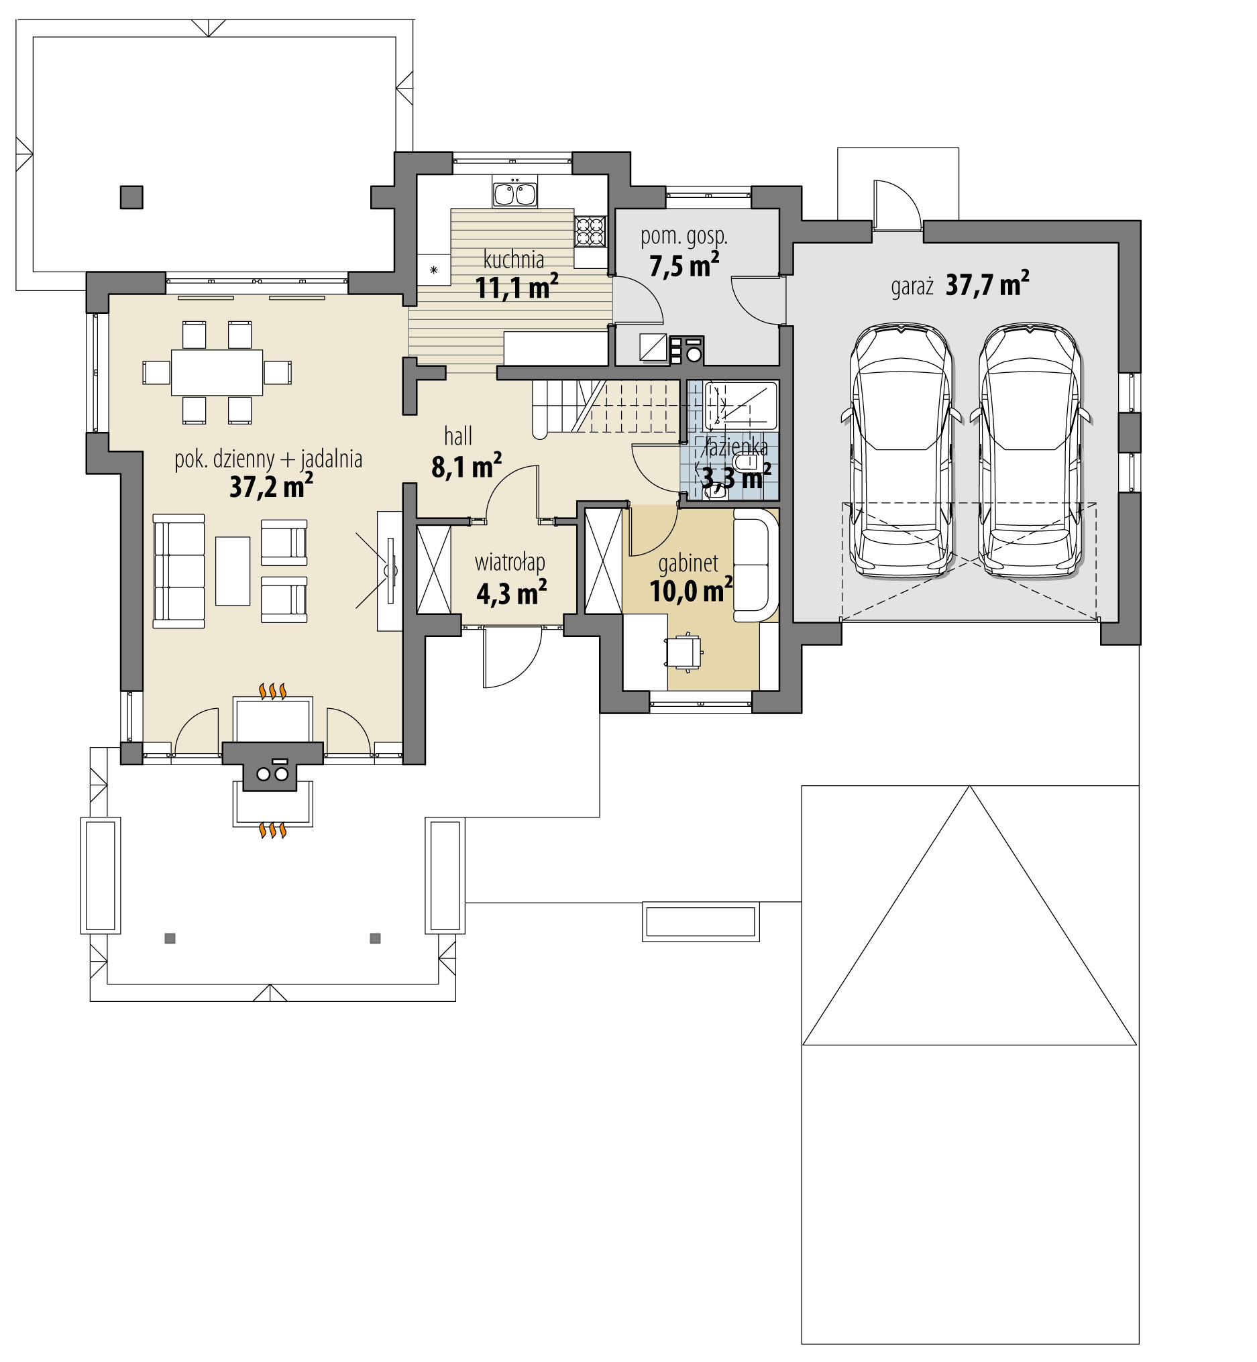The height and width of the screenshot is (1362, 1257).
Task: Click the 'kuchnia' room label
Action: point(514,260)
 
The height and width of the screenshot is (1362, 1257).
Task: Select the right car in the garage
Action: point(1029,450)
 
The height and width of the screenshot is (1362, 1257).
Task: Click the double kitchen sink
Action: point(514,194)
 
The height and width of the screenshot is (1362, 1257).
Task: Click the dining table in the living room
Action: point(217,372)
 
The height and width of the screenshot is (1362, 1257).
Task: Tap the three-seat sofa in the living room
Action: point(179,571)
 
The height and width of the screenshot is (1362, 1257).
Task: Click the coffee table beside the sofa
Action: point(233,571)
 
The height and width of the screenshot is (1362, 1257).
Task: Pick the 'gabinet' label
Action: point(688,563)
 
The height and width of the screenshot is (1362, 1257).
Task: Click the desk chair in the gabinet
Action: point(684,652)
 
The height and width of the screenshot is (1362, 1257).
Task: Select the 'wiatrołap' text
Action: point(510,563)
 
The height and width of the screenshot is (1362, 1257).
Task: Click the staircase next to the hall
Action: point(606,408)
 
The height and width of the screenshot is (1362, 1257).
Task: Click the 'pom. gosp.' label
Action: point(684,237)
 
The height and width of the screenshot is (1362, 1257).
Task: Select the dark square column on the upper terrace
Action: point(132,197)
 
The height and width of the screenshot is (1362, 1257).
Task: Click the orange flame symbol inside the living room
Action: point(273,692)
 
